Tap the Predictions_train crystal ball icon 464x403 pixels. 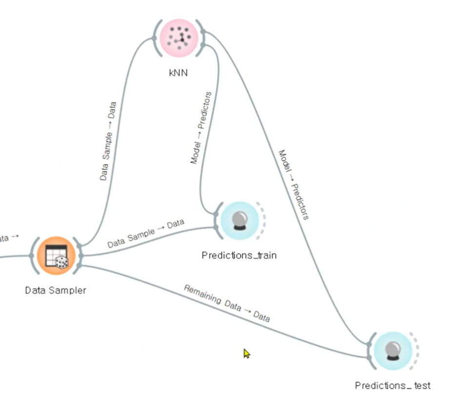(240, 221)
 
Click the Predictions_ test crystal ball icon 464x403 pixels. (393, 350)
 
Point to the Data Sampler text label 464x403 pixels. (56, 290)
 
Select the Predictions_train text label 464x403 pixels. (239, 255)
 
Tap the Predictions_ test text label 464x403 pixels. (393, 385)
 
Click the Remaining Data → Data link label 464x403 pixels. (227, 303)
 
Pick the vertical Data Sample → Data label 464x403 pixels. (108, 141)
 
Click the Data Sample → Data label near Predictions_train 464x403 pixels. (146, 234)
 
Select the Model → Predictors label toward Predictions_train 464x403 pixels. (201, 127)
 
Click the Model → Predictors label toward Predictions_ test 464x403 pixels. (293, 184)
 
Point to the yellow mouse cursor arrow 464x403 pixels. (246, 353)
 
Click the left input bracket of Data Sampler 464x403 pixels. (33, 256)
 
